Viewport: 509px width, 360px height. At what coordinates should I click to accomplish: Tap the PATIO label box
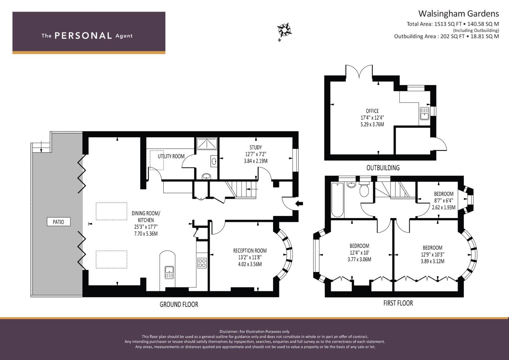(59, 222)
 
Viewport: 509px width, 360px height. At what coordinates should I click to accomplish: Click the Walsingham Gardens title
(459, 14)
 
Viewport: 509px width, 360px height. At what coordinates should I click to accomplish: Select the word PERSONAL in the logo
(83, 36)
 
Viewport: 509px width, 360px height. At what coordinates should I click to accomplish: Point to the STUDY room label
(256, 147)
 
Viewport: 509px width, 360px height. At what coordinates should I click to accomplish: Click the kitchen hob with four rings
(202, 263)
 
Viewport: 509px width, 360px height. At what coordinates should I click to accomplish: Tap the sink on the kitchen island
(169, 272)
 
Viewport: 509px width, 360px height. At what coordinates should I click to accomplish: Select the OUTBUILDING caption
(383, 168)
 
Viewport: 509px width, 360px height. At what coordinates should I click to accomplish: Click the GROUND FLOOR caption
(179, 304)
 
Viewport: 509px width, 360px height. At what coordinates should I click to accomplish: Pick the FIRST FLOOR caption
(398, 303)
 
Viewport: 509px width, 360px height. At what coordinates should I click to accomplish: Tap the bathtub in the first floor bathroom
(337, 200)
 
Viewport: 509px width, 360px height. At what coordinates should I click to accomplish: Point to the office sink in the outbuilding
(424, 113)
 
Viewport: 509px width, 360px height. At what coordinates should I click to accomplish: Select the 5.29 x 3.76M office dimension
(372, 124)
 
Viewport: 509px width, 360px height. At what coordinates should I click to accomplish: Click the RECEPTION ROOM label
(250, 250)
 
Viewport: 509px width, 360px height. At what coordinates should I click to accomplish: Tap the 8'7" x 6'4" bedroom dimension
(444, 200)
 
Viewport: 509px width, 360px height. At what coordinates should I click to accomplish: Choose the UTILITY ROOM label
(171, 156)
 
